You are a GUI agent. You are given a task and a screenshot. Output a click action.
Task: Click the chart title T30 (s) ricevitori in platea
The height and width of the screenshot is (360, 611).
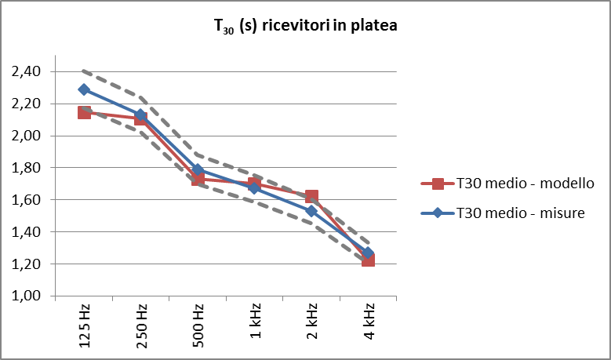click(305, 26)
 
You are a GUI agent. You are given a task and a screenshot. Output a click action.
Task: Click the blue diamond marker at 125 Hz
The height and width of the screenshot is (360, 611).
click(84, 89)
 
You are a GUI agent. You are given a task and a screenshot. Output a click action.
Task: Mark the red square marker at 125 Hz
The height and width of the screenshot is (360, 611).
click(84, 113)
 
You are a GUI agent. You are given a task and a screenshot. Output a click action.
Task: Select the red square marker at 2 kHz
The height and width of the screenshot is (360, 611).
click(311, 197)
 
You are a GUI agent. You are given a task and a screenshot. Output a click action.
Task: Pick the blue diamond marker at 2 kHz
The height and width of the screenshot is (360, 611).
click(311, 211)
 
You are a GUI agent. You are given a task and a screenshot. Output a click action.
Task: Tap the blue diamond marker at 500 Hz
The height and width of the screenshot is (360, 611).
click(198, 169)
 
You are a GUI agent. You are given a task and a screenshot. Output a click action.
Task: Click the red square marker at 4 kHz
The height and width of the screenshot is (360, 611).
click(368, 260)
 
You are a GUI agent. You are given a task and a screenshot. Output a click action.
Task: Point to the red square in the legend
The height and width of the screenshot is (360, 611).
click(438, 184)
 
